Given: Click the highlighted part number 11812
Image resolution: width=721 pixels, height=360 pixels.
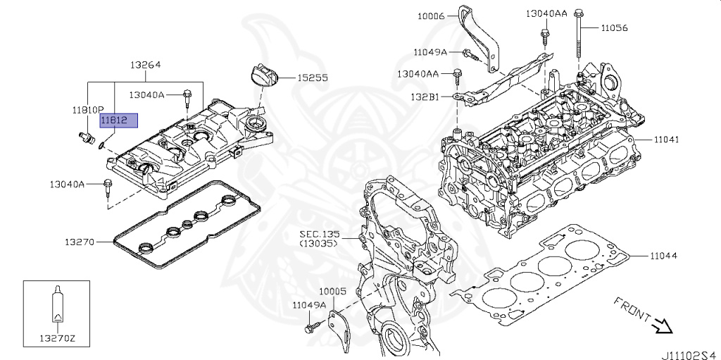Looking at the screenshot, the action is click(114, 120).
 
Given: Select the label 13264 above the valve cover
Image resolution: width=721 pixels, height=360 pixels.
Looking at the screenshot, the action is click(145, 65).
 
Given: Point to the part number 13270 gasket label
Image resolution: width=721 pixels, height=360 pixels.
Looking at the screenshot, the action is click(79, 242).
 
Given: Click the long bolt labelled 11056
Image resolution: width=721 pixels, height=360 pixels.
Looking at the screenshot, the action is click(579, 35).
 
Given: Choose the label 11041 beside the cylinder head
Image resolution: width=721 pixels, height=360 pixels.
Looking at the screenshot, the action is click(663, 139).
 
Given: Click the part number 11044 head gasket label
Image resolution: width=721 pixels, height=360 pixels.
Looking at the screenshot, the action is click(663, 256).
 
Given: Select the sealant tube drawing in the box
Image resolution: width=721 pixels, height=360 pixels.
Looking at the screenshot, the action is click(57, 304).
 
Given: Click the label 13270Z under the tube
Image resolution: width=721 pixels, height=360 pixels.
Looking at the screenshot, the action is click(57, 339).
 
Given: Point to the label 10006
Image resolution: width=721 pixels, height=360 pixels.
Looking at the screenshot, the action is click(431, 17).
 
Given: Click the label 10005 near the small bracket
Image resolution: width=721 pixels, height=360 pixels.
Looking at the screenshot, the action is click(333, 292).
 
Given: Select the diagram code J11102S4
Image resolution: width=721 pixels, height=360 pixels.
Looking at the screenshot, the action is click(690, 355).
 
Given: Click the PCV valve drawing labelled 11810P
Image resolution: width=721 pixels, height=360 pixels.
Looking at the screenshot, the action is click(85, 137).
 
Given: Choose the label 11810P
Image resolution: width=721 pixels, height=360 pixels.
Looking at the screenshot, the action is click(87, 110).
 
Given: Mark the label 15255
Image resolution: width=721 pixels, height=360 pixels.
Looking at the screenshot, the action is click(312, 77).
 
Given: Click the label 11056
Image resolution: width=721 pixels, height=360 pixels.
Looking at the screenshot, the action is click(614, 28).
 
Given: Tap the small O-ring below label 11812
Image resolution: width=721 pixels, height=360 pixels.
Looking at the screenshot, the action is click(101, 146).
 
